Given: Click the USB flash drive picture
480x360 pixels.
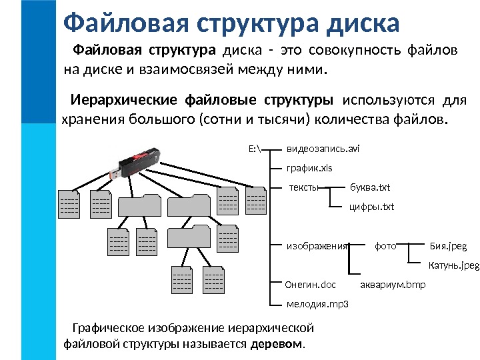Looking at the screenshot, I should point(137,163).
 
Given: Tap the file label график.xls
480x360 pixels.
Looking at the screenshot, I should point(309,169).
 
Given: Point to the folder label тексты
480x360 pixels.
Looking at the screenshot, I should point(303,187).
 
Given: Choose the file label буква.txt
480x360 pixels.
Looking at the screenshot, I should point(370,187).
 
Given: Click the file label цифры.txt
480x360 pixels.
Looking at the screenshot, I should point(372,207).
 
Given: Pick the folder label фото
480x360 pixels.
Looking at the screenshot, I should point(385,246).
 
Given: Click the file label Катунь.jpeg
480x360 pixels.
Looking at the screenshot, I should point(453,265).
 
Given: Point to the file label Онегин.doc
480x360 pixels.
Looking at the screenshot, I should point(311,285).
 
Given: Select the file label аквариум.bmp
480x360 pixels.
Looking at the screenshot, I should point(393,285).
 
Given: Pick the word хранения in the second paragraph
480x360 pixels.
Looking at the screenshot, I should point(89,120).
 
